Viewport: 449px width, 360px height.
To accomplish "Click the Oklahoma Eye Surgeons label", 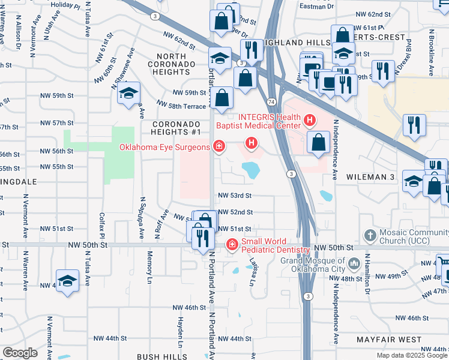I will tap(164, 147).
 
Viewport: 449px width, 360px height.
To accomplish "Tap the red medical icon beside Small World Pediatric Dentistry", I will tap(232, 245).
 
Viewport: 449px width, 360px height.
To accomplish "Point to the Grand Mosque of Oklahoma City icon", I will tap(355, 263).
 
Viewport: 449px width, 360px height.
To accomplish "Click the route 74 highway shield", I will tap(272, 103).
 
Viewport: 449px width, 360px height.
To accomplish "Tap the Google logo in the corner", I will tap(20, 352).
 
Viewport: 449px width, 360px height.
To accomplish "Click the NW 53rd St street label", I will tap(235, 196).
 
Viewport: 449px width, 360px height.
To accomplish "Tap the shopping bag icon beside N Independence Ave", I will tap(318, 142).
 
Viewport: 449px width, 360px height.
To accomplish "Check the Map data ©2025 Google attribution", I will tap(411, 355).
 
